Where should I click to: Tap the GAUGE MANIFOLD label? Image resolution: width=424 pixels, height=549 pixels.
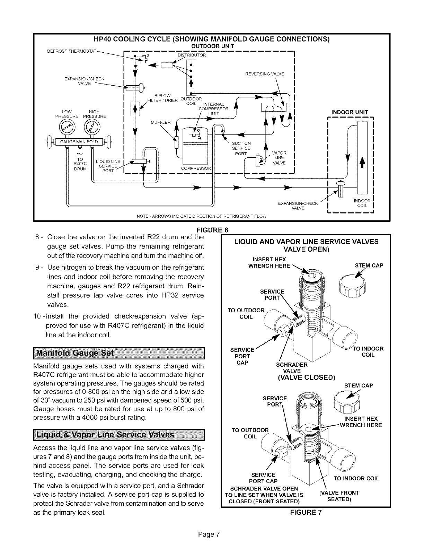tap(79, 142)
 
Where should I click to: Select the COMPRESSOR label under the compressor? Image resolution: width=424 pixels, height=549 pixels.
tap(196, 168)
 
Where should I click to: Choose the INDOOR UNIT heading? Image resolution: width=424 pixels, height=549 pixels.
tap(350, 112)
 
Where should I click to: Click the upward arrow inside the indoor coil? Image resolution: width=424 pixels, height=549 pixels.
tap(362, 163)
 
